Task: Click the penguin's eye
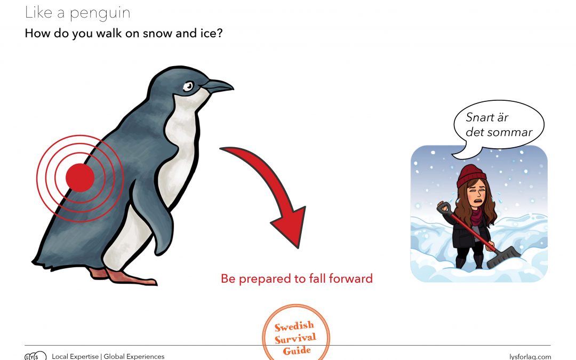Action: click(x=188, y=86)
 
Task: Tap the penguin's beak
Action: click(x=218, y=85)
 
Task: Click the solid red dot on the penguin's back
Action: click(x=80, y=178)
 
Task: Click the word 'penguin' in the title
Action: click(x=100, y=13)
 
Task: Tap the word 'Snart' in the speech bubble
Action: click(x=480, y=117)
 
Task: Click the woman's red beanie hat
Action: click(x=471, y=175)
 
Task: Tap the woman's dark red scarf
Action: click(x=476, y=216)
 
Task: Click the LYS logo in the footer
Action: click(x=35, y=356)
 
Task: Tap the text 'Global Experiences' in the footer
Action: click(x=134, y=356)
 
